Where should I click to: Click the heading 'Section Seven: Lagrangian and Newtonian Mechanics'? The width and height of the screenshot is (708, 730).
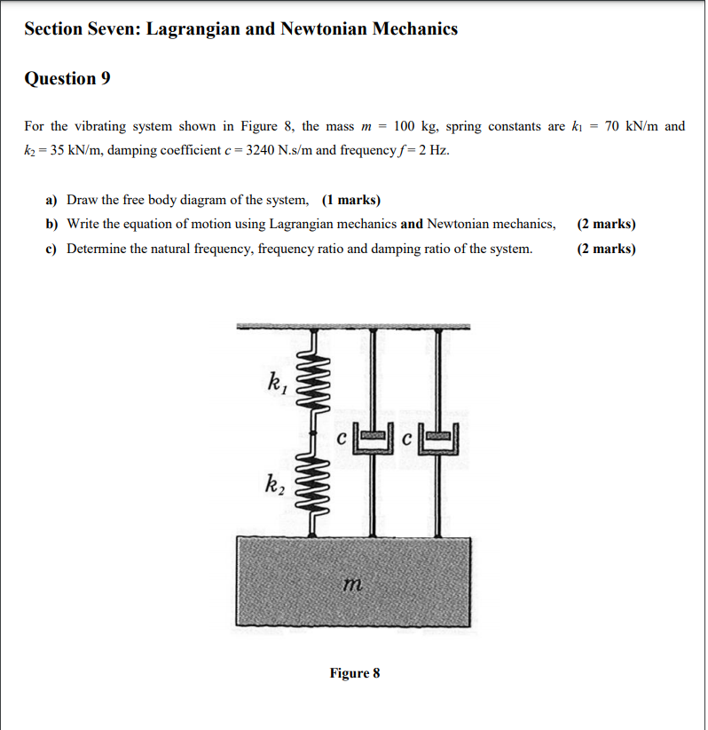point(240,29)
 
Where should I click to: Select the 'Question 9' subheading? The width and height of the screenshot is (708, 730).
point(67,79)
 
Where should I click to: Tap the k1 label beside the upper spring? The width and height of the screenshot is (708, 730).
point(277,384)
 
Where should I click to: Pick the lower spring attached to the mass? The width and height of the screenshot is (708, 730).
point(312,488)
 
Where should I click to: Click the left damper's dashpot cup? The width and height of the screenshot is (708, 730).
point(373,440)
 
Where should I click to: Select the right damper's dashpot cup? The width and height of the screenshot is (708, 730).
point(438,440)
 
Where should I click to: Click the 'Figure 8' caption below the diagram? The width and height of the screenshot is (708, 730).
point(354,673)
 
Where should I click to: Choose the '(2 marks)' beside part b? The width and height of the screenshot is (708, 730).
point(606,224)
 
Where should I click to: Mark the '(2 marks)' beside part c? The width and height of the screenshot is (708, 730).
point(606,249)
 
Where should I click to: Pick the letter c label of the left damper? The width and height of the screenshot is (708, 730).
point(342,437)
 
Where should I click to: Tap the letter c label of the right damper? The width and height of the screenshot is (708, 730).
point(407,437)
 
